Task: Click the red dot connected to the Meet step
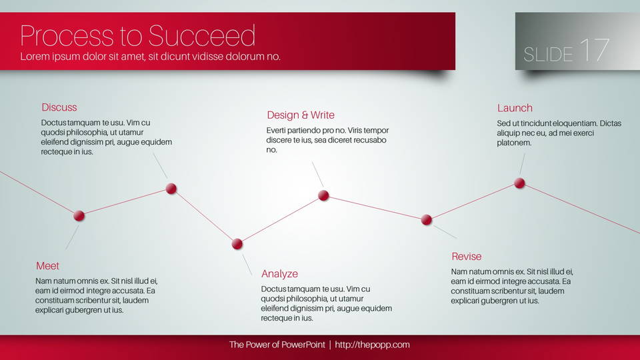point(79,215)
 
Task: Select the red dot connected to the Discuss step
point(171,189)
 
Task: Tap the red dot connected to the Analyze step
point(237,244)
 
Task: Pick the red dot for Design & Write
point(323,195)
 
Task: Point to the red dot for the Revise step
point(427,219)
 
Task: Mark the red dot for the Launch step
point(519,183)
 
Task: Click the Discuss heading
point(59,107)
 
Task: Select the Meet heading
point(47,266)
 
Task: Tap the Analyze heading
point(279,274)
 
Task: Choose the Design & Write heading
point(301,115)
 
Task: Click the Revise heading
point(467,256)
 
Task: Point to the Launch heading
point(515,108)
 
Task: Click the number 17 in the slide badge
point(594,50)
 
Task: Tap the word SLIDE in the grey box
point(548,55)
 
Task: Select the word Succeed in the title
point(201,35)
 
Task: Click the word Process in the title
point(67,35)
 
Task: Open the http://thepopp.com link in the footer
point(372,345)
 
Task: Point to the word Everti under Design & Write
point(277,130)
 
